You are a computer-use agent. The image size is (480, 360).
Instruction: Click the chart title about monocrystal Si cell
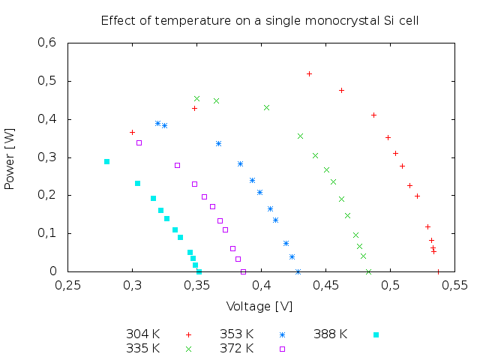[x=259, y=20]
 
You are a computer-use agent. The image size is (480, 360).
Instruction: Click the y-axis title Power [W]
[x=10, y=157]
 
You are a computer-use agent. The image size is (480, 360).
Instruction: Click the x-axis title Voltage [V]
[x=259, y=306]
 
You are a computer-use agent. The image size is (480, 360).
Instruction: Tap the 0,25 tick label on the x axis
[x=67, y=285]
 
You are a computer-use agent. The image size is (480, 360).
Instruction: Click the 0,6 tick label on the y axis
[x=47, y=43]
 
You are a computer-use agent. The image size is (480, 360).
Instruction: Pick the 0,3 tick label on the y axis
[x=47, y=157]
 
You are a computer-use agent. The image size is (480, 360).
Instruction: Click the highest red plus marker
[x=309, y=73]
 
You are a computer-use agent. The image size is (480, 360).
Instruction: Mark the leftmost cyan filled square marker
[x=106, y=161]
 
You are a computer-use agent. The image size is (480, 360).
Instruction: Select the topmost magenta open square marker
[x=139, y=142]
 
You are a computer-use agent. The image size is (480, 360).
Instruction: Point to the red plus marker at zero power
[x=438, y=271]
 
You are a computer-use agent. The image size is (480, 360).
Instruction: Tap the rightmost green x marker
[x=347, y=215]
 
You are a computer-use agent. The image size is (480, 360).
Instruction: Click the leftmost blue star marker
[x=157, y=123]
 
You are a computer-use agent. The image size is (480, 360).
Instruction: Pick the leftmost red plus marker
[x=132, y=132]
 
